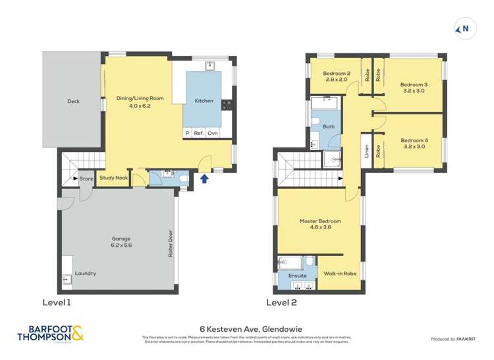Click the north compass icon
464,28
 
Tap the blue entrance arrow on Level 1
204,178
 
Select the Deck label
73,101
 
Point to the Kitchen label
204,101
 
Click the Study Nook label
113,178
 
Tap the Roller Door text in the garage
170,243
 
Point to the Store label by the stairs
86,178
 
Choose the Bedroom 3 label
414,84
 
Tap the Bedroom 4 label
414,140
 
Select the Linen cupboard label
366,151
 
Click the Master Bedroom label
320,221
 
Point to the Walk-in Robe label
340,272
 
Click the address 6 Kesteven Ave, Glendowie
246,328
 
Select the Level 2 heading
281,303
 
